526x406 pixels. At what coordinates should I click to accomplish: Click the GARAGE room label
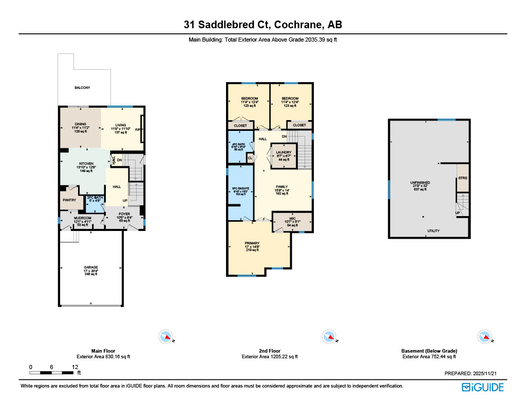pyautogui.click(x=91, y=267)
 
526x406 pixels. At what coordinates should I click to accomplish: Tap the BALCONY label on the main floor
pyautogui.click(x=82, y=88)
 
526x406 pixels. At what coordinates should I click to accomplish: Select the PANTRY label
pyautogui.click(x=69, y=200)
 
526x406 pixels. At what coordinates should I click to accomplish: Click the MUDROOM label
pyautogui.click(x=82, y=218)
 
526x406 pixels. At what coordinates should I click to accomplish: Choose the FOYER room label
pyautogui.click(x=124, y=214)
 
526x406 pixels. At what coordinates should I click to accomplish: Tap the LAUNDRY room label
pyautogui.click(x=284, y=152)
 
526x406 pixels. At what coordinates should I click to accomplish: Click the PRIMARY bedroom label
pyautogui.click(x=252, y=243)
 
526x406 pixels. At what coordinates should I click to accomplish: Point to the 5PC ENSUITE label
pyautogui.click(x=240, y=188)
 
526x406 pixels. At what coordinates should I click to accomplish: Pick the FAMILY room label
pyautogui.click(x=281, y=187)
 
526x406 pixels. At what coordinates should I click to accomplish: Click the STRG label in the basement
pyautogui.click(x=462, y=178)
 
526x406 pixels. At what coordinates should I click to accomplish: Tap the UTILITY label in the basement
pyautogui.click(x=434, y=231)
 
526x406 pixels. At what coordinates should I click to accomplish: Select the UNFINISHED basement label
pyautogui.click(x=420, y=183)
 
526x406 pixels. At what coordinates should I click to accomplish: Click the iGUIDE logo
pyautogui.click(x=482, y=388)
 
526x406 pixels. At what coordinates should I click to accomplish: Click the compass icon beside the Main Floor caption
pyautogui.click(x=166, y=337)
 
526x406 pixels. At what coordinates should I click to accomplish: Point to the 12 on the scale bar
pyautogui.click(x=75, y=367)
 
